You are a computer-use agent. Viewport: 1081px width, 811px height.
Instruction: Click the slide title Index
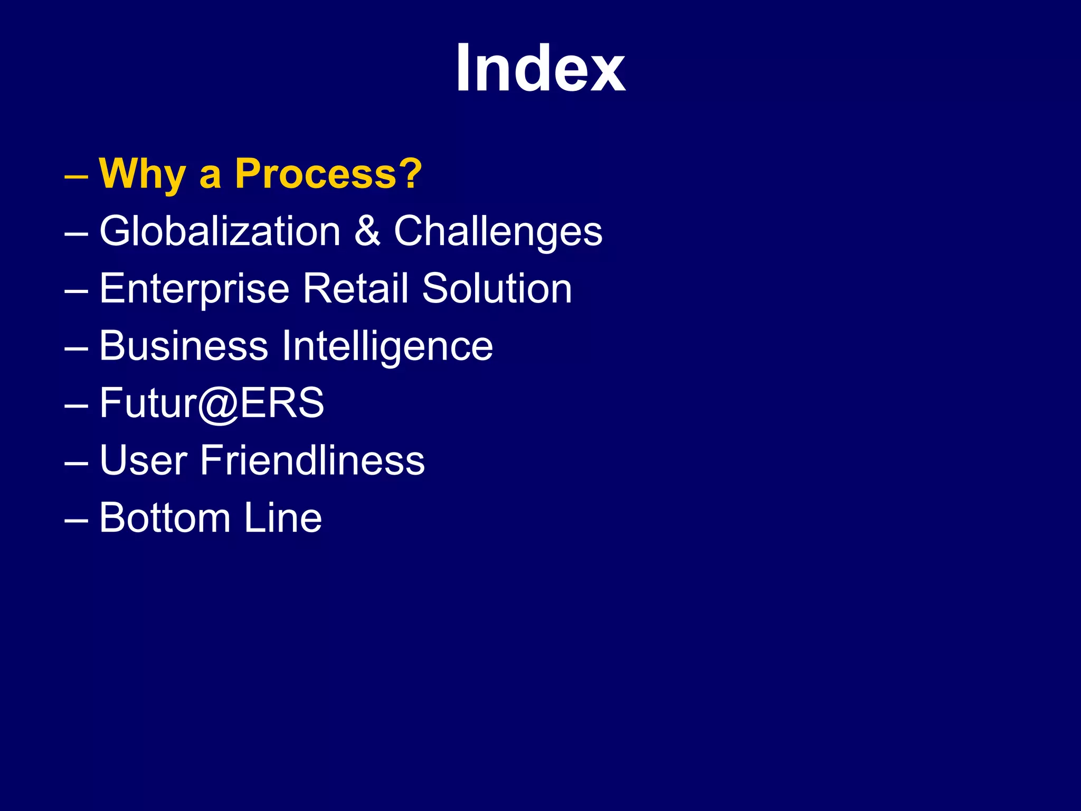[x=540, y=69]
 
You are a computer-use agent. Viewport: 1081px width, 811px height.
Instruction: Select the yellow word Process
[x=315, y=174]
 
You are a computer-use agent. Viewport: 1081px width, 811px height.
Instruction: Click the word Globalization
[x=220, y=231]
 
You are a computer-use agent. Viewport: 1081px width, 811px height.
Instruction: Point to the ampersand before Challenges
[x=367, y=231]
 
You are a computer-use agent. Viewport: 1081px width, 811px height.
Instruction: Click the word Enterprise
[x=194, y=289]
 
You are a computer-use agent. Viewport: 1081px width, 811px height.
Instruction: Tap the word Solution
[x=497, y=288]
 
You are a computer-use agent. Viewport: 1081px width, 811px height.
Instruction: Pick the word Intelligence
[x=387, y=347]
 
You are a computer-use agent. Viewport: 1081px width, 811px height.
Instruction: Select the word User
[x=143, y=460]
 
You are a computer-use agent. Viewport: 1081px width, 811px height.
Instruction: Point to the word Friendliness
[x=312, y=460]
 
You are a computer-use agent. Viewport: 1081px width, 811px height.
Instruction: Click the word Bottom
[x=165, y=518]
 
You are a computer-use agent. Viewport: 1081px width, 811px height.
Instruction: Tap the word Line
[x=282, y=518]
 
